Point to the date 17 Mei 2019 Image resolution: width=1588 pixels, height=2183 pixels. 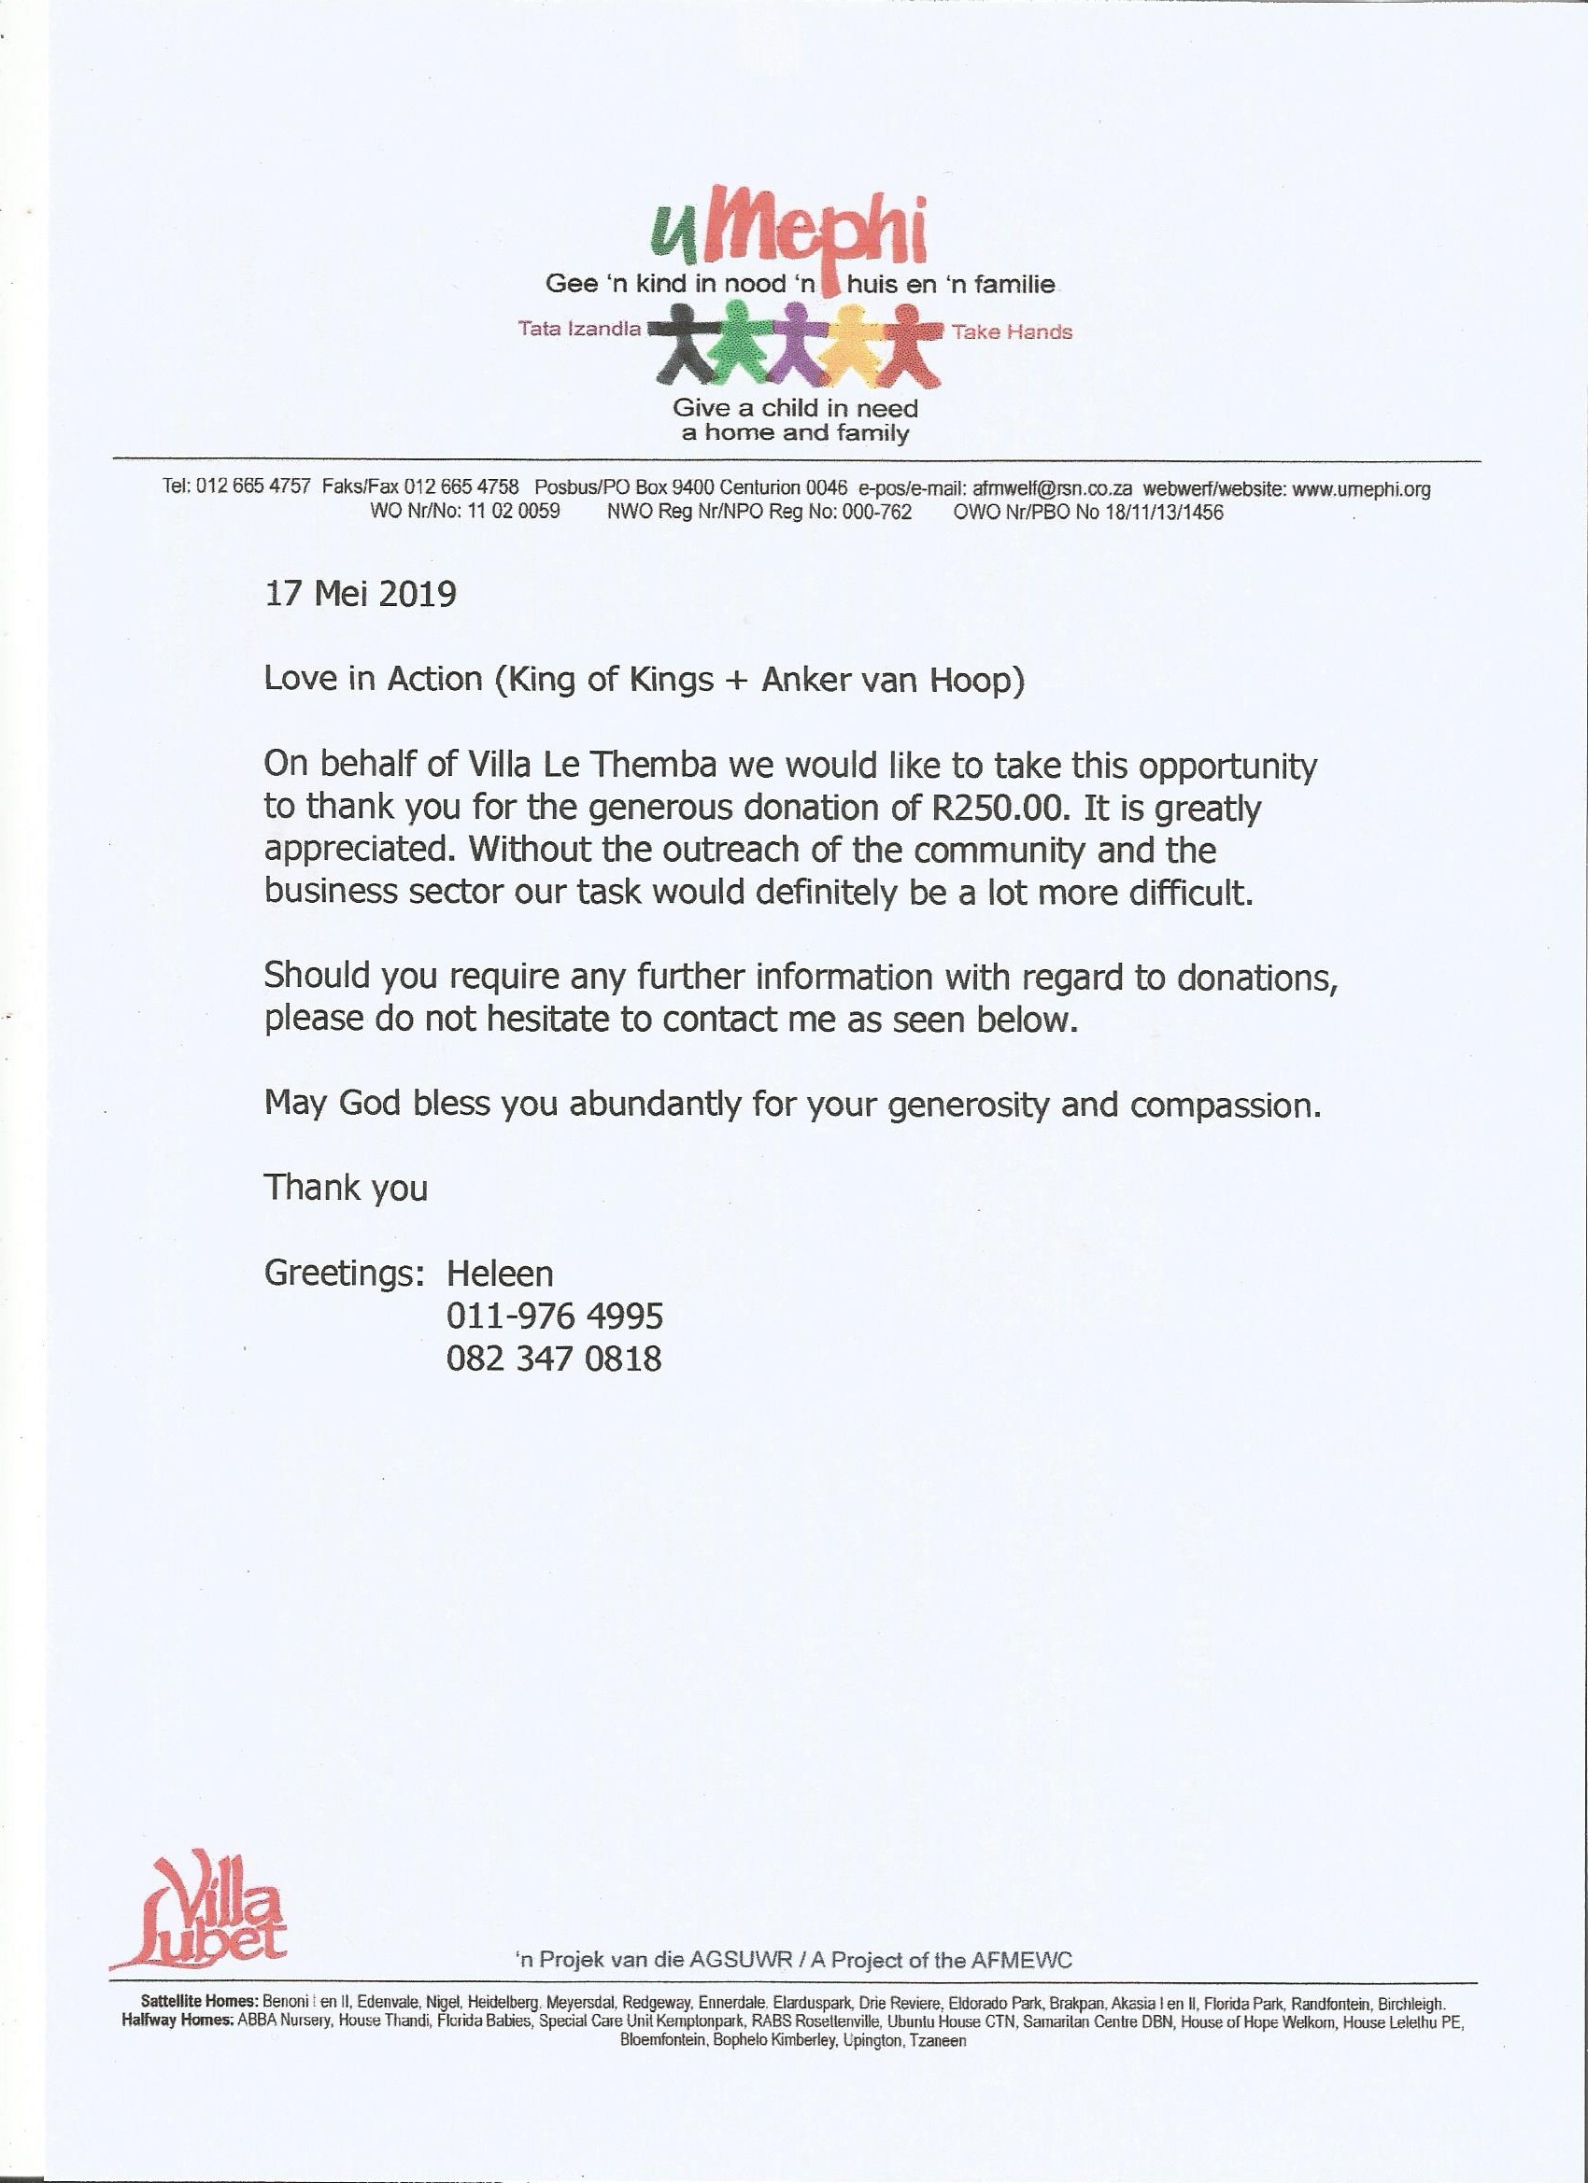(361, 594)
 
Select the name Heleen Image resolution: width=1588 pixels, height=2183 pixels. (500, 1274)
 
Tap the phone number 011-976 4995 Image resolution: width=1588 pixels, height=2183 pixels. (555, 1316)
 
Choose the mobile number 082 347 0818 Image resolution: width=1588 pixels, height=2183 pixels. (555, 1359)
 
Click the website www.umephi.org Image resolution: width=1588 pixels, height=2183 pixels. (1361, 489)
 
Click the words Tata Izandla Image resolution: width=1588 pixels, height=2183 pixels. (580, 330)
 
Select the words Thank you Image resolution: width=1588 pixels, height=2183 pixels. (346, 1188)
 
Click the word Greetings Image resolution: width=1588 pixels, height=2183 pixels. (344, 1274)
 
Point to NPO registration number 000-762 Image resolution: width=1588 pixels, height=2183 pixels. (876, 512)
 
